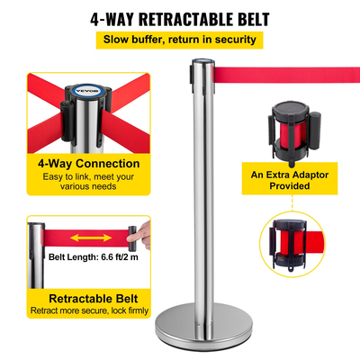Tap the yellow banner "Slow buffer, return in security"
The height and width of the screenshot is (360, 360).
(x=180, y=40)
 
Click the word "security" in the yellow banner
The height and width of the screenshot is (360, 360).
(x=237, y=40)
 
